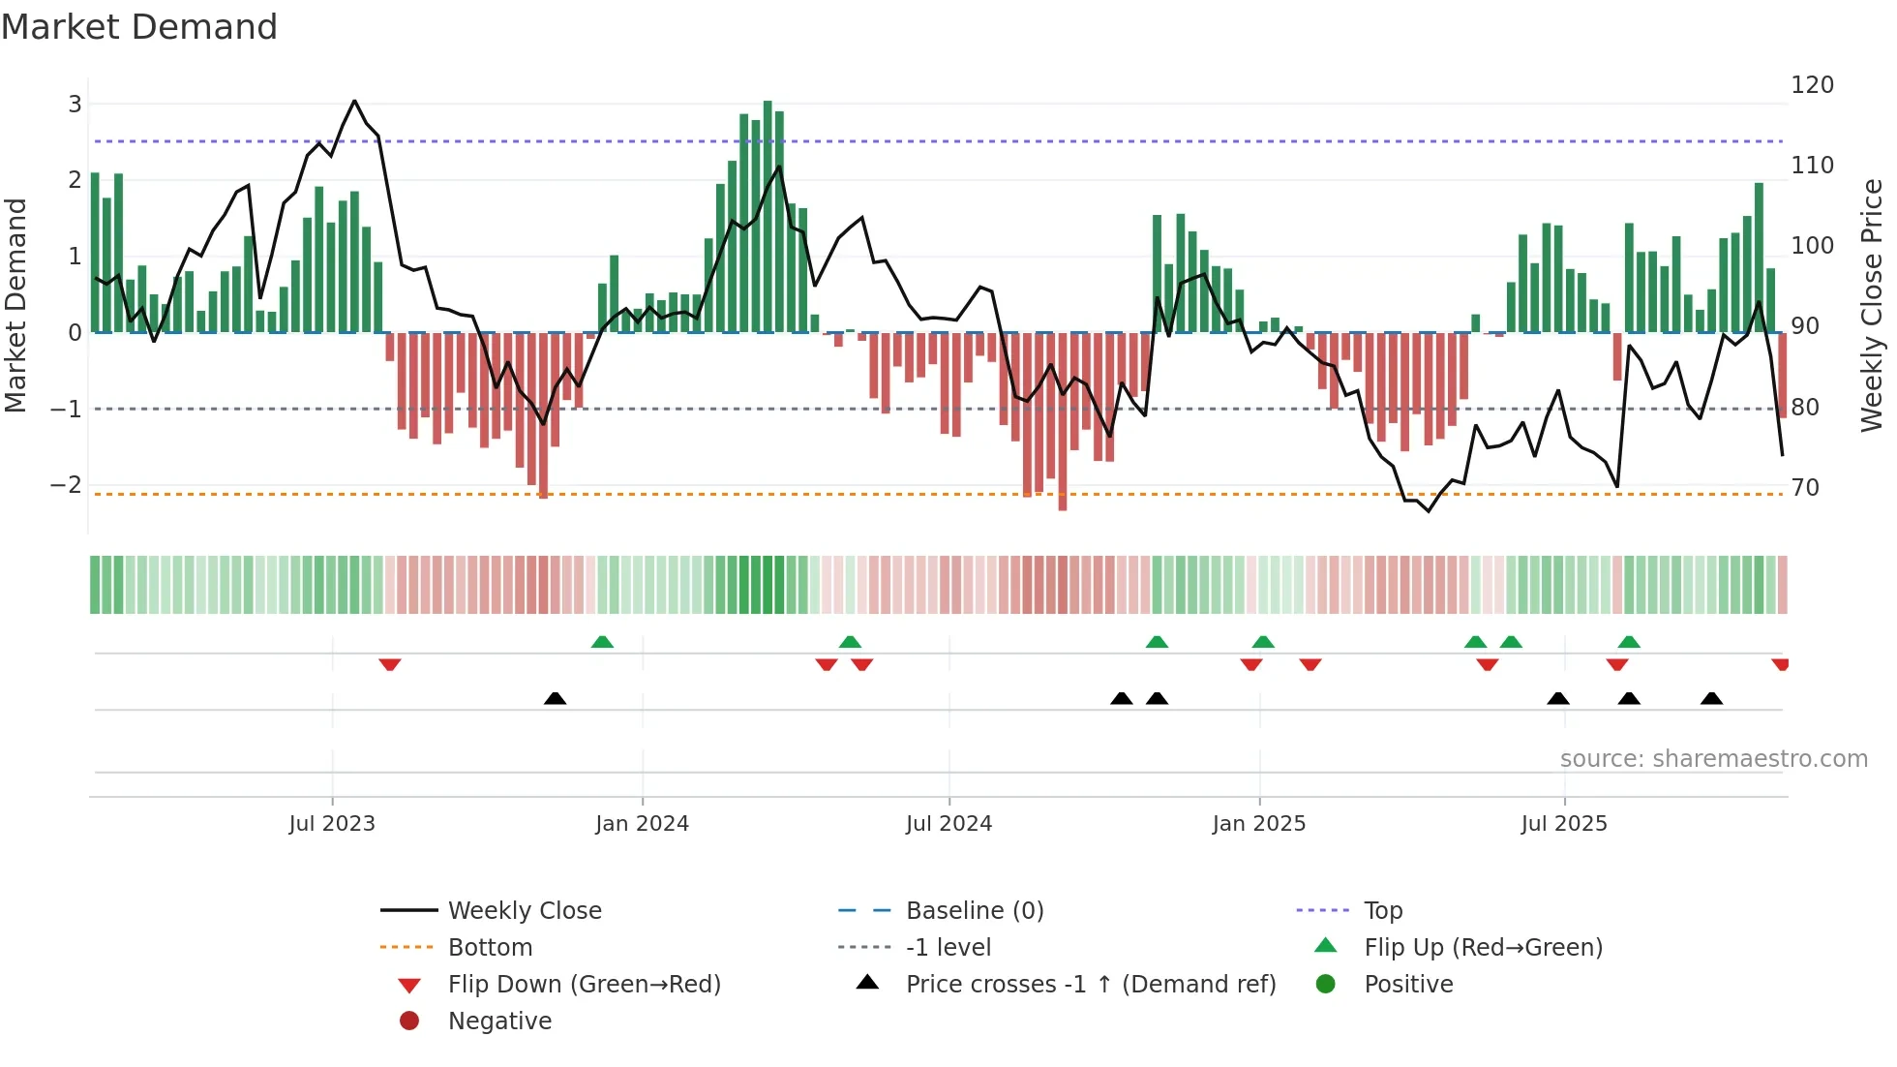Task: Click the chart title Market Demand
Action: pos(139,27)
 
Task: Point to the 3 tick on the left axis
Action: pos(75,105)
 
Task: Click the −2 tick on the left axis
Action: pos(67,485)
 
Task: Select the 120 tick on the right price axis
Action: pos(1812,85)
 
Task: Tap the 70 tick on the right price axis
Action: pos(1805,488)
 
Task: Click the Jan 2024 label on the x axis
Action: pos(642,824)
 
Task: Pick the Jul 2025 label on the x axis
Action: pos(1563,824)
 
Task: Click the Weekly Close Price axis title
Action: pos(1872,305)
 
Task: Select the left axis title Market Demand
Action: pos(16,305)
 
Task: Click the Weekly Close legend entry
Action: pos(524,911)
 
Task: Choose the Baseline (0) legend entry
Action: pos(974,911)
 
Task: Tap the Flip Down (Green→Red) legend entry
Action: pos(584,985)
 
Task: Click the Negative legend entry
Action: pos(499,1021)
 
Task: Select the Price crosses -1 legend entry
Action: pos(1090,985)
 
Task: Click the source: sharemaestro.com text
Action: pos(1713,759)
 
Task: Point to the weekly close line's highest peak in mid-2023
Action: pos(354,101)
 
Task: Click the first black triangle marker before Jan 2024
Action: pos(555,698)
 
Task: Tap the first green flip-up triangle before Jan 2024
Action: pos(602,642)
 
